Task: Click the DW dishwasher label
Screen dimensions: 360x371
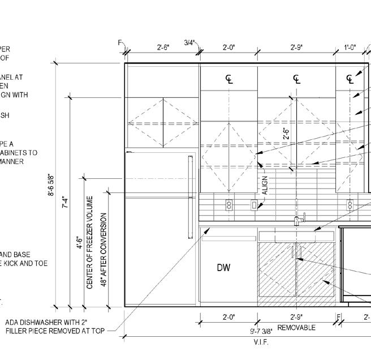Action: click(x=224, y=268)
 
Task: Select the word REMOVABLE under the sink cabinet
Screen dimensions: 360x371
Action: click(x=296, y=328)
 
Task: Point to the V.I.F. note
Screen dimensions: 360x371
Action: click(x=261, y=342)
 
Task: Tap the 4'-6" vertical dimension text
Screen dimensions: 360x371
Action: click(x=80, y=242)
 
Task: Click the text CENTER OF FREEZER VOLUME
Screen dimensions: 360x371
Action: click(x=90, y=242)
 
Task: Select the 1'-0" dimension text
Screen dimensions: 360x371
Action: click(x=351, y=48)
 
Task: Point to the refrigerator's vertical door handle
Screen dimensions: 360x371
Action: click(x=190, y=192)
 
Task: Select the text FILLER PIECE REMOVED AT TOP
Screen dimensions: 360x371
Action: click(x=55, y=331)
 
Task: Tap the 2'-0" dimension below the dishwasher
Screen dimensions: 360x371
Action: click(x=228, y=318)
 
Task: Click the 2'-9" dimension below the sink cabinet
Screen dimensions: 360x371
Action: click(x=296, y=318)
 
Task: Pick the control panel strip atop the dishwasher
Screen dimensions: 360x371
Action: click(x=228, y=238)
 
